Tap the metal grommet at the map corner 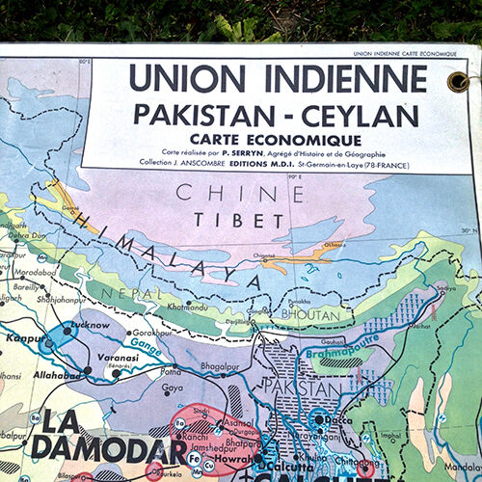click(458, 81)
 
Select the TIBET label click(227, 220)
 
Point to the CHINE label click(228, 193)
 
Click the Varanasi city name click(117, 357)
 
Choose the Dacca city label click(337, 419)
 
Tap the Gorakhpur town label click(155, 332)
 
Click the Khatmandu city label click(189, 308)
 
